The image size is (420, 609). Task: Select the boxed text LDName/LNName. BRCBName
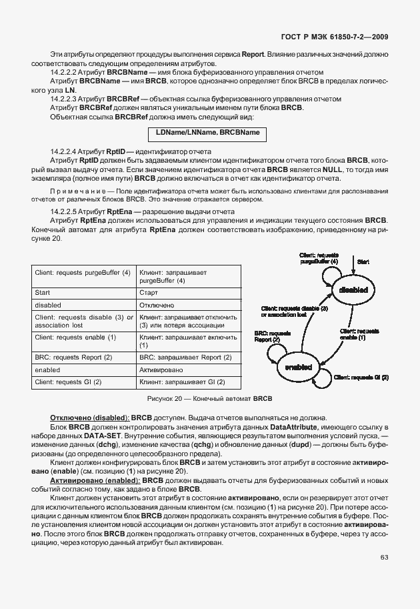pyautogui.click(x=207, y=133)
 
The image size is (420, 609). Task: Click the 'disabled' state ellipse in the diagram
pyautogui.click(x=353, y=290)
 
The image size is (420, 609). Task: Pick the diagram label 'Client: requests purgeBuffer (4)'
pyautogui.click(x=319, y=259)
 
